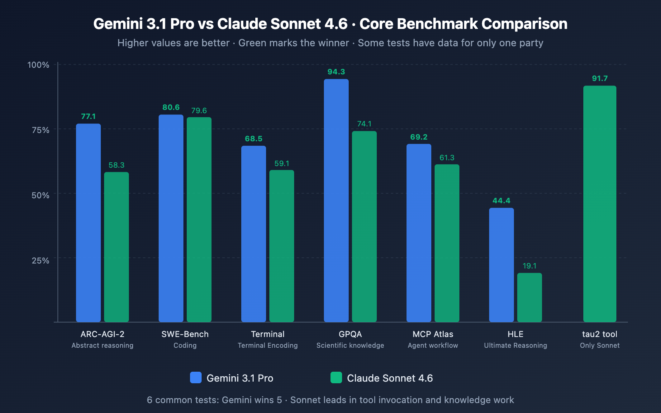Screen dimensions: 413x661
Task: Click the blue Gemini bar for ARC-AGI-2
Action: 88,223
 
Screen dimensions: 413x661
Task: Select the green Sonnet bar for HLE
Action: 530,297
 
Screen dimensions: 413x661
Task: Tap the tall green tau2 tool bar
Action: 600,204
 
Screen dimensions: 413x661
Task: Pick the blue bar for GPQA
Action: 336,201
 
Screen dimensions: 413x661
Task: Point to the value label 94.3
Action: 336,72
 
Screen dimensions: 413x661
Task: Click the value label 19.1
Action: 530,266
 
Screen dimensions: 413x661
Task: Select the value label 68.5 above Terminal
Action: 254,139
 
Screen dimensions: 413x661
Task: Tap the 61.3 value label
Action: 447,158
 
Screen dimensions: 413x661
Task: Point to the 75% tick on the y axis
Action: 40,130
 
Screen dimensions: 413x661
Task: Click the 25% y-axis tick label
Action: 40,261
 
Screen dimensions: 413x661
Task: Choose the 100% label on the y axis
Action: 38,65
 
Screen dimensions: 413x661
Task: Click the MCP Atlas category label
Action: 433,334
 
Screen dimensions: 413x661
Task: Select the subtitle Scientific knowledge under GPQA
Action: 350,346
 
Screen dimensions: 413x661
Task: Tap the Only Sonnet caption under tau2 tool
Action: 600,346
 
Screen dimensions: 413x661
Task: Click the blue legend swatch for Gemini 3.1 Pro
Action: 196,377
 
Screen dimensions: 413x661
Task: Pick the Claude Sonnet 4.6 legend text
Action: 390,378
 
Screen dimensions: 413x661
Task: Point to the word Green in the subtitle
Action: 252,43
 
